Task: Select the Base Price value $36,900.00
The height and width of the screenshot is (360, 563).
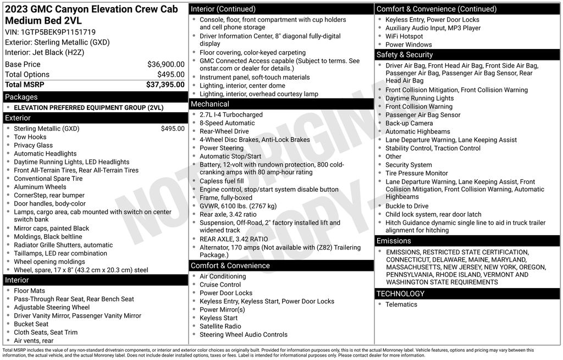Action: pos(165,64)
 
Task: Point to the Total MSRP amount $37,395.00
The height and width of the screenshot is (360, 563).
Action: pos(165,85)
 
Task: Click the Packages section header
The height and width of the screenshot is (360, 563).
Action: pos(21,97)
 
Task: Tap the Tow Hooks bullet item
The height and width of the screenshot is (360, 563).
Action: pos(30,137)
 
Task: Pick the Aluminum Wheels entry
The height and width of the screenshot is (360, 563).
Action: pos(40,187)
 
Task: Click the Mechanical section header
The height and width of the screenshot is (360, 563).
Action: pos(210,104)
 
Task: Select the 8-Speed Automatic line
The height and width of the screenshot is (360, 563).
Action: pos(227,123)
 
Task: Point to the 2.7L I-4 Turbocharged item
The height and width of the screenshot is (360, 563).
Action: pos(231,115)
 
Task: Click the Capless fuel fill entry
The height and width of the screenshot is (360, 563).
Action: pos(222,181)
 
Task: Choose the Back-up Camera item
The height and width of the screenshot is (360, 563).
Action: pos(409,123)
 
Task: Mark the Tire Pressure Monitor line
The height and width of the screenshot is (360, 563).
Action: pos(416,173)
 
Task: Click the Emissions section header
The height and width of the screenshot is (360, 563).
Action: pos(394,241)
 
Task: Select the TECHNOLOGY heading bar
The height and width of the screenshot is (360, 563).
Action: pos(400,293)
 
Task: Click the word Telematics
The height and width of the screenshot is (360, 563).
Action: pos(401,304)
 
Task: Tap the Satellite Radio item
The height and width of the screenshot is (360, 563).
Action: pos(220,326)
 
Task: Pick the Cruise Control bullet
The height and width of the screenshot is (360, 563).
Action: pos(220,285)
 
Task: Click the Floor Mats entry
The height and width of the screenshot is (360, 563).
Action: pos(29,291)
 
